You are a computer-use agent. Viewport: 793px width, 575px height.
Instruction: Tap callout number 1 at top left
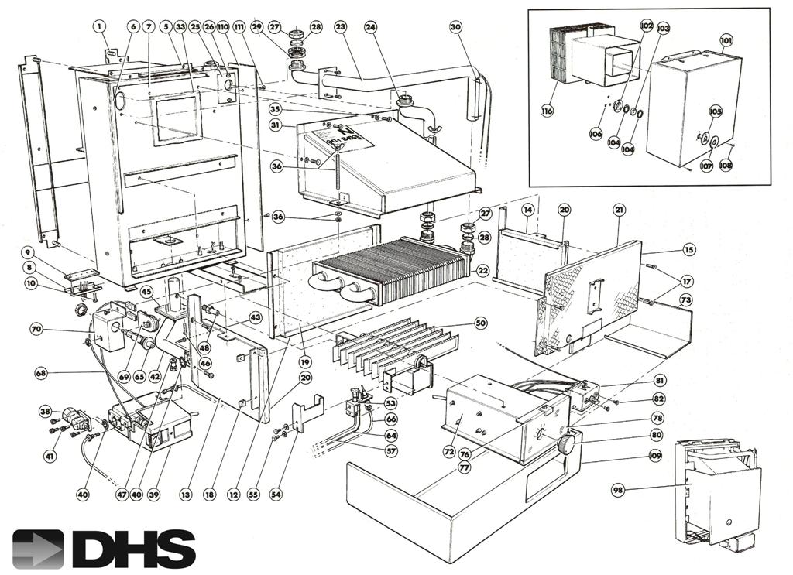(x=99, y=26)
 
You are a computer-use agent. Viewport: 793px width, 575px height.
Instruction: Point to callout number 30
(x=455, y=26)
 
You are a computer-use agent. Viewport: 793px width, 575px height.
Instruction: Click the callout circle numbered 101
(x=726, y=38)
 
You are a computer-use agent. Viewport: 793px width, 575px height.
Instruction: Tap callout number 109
(x=656, y=457)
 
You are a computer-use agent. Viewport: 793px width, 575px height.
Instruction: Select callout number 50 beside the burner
(x=480, y=322)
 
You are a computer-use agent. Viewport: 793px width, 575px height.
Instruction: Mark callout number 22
(x=482, y=271)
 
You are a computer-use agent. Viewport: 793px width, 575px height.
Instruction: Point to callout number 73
(x=685, y=299)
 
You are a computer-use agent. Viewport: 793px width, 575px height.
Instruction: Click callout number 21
(x=619, y=210)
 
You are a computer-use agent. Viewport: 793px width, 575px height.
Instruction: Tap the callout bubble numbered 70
(x=36, y=330)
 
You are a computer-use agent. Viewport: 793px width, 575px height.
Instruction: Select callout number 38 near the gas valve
(x=45, y=412)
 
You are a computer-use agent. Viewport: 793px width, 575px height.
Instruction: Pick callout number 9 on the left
(x=27, y=252)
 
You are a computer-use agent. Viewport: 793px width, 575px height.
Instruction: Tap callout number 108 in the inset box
(x=725, y=164)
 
